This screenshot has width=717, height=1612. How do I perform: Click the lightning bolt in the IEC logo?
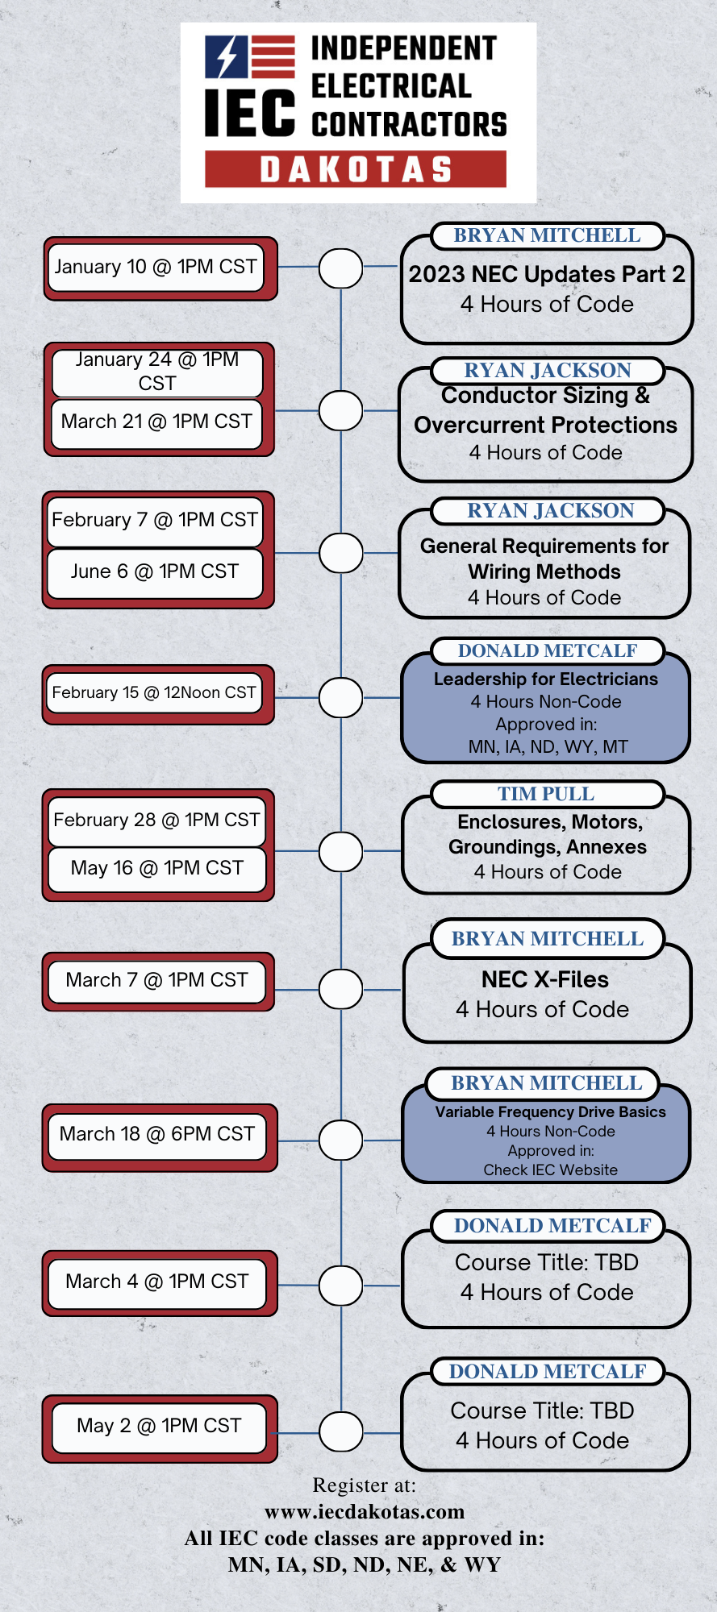coord(227,56)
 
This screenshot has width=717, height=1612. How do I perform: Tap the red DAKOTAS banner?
coord(356,169)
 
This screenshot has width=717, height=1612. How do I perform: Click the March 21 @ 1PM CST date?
coord(156,422)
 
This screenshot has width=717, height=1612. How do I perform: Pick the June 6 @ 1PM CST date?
coord(155,571)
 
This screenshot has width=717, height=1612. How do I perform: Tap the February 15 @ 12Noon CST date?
coord(154,692)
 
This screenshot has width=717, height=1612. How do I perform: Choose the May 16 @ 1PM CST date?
coord(157,868)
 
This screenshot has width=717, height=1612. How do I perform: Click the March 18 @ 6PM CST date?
coord(157,1134)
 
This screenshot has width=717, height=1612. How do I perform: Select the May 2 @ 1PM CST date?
coord(159,1426)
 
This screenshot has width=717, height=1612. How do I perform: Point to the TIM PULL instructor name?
coord(546,794)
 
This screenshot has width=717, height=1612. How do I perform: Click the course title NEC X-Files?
coord(545,979)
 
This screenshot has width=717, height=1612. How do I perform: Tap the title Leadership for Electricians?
coord(546,679)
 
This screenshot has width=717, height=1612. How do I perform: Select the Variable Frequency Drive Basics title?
coord(551,1112)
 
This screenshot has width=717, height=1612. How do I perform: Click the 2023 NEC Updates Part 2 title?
coord(547,274)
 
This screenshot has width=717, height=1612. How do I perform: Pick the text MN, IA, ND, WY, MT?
coord(548,746)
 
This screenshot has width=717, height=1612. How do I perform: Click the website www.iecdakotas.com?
coord(365,1511)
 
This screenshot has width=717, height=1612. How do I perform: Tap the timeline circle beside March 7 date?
coord(340,988)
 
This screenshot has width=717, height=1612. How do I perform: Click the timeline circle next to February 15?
coord(340,697)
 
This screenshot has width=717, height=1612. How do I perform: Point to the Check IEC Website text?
coord(551,1170)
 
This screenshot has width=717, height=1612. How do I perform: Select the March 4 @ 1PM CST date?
coord(157,1282)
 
